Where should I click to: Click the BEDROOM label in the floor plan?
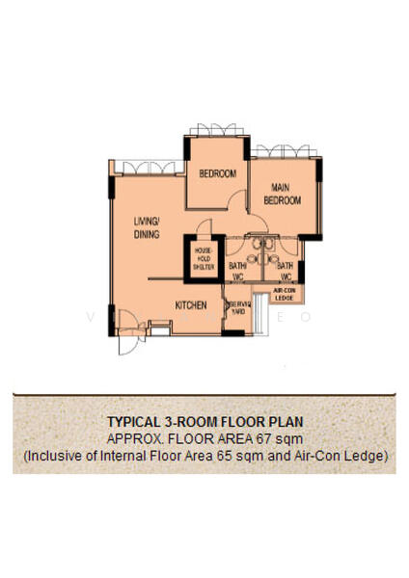218,173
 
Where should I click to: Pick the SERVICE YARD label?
238,308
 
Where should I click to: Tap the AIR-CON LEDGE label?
286,293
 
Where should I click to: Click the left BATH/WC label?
235,272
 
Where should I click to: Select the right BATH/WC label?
286,272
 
